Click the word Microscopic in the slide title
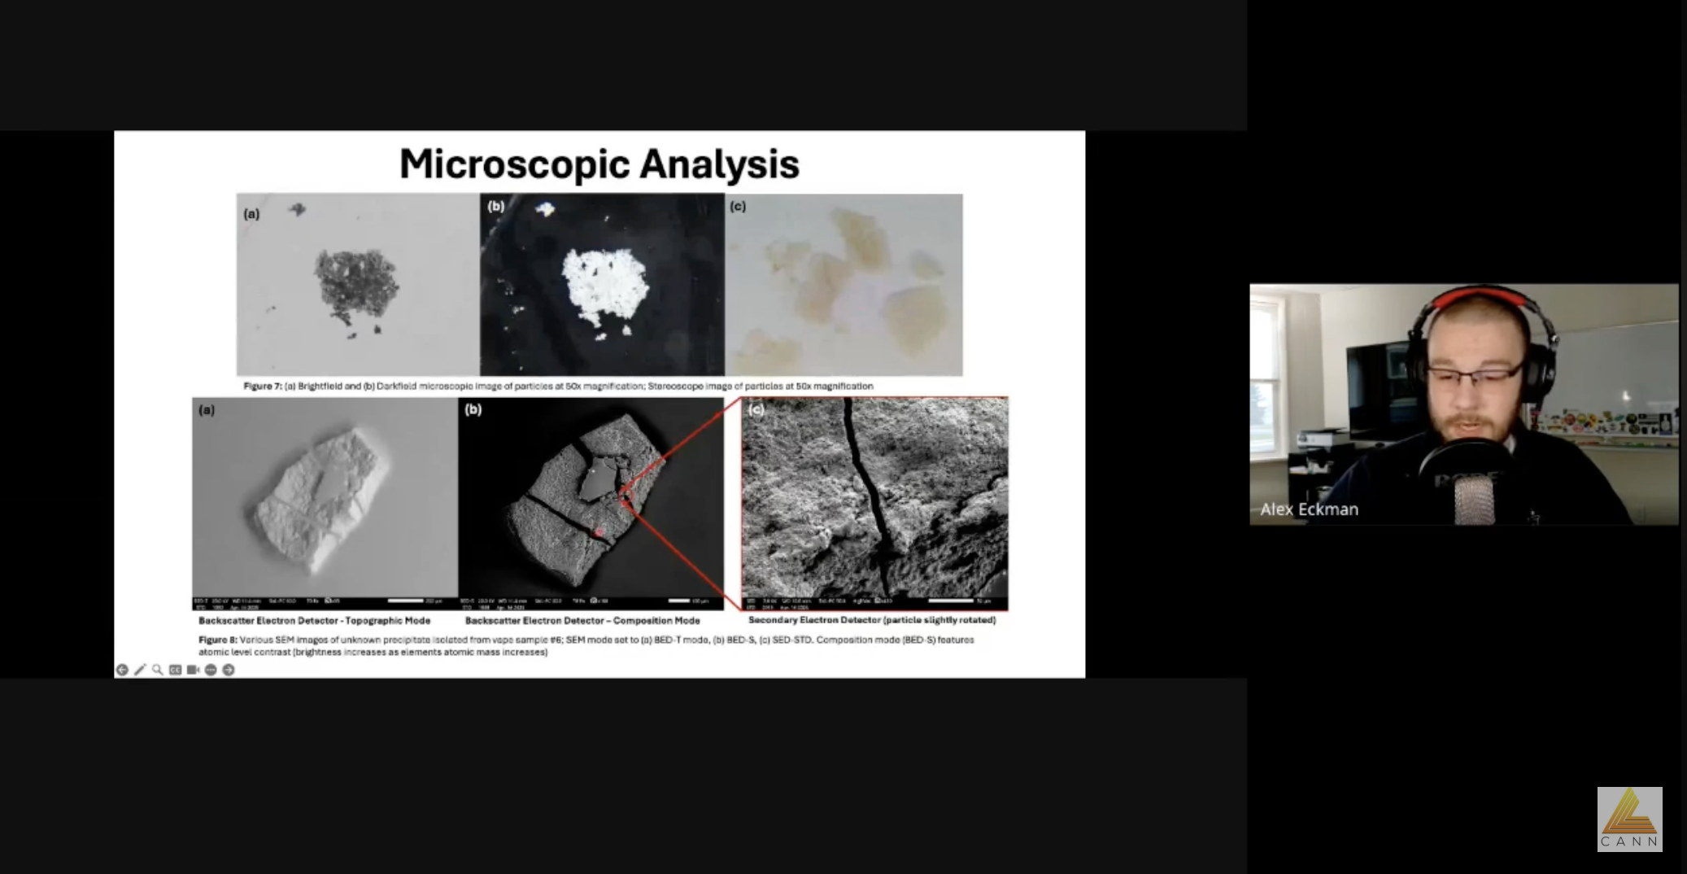pos(516,164)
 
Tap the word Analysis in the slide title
pos(719,164)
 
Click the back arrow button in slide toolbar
pos(122,670)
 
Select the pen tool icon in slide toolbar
pos(140,670)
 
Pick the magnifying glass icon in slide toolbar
pos(158,670)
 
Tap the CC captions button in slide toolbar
pos(175,670)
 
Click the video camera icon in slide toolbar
pos(193,670)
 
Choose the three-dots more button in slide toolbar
pos(211,670)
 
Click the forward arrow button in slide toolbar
pos(229,670)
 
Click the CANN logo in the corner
pos(1629,819)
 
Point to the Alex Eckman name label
pos(1309,509)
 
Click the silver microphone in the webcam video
pos(1474,497)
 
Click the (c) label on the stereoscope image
pos(738,207)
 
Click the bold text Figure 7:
pos(261,386)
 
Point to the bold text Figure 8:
pos(217,640)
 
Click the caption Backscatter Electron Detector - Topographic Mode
pos(314,620)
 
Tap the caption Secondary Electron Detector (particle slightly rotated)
pos(871,620)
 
